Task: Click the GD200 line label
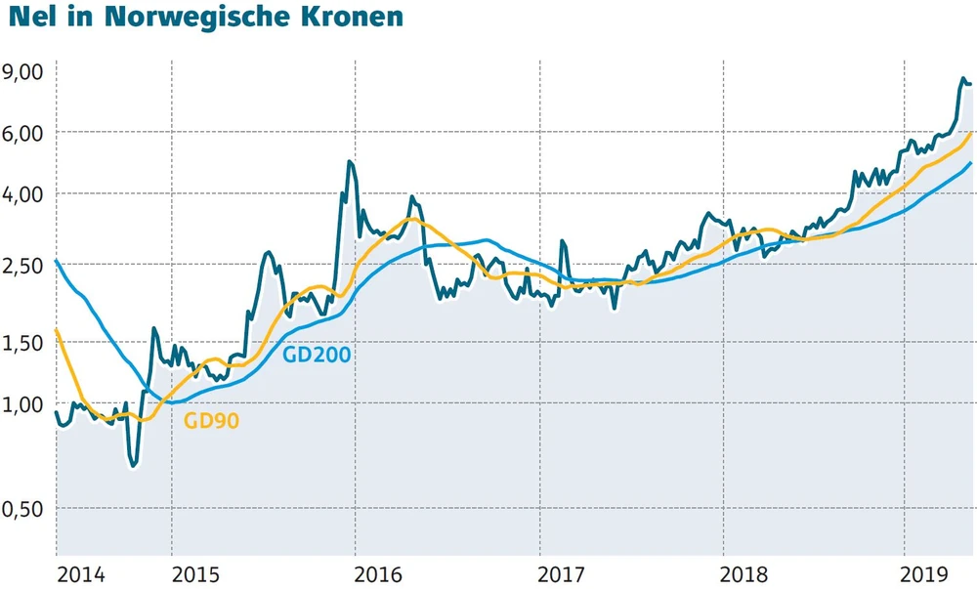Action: [x=316, y=354]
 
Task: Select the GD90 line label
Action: [x=211, y=421]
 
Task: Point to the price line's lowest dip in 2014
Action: [x=133, y=465]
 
